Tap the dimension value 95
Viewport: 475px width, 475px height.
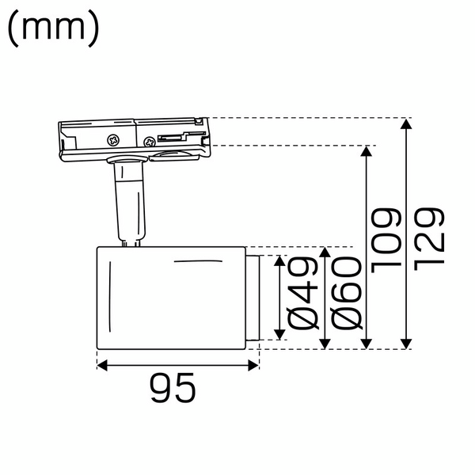pyautogui.click(x=173, y=388)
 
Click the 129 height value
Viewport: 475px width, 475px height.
pyautogui.click(x=427, y=237)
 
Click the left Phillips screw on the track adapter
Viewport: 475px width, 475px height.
pyautogui.click(x=114, y=140)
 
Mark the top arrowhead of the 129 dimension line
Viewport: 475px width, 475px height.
pyautogui.click(x=407, y=123)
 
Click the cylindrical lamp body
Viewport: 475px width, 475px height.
pyautogui.click(x=170, y=297)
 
